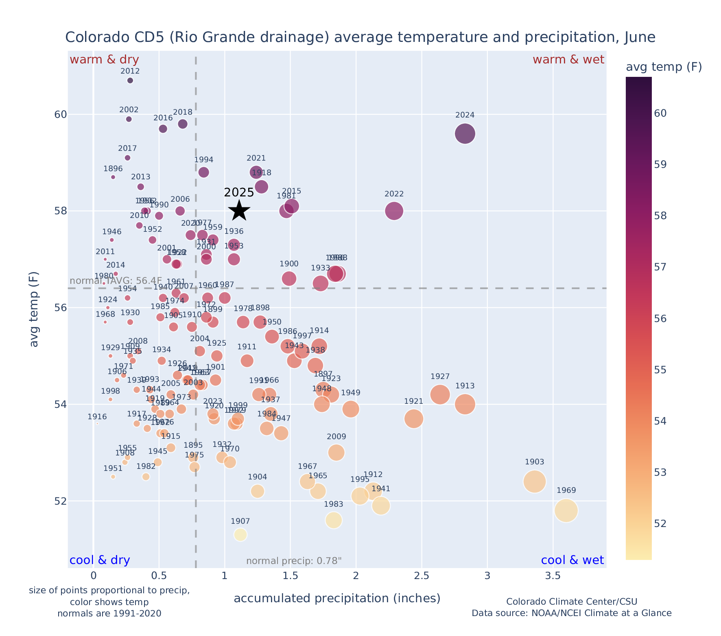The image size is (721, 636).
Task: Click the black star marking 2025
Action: click(x=239, y=211)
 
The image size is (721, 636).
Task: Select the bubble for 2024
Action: click(x=465, y=134)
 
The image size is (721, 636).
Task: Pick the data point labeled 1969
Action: click(x=566, y=511)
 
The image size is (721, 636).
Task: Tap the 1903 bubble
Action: click(x=535, y=481)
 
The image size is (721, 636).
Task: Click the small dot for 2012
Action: click(x=130, y=81)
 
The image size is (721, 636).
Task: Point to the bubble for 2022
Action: click(x=394, y=211)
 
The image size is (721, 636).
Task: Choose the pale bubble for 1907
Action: click(x=240, y=535)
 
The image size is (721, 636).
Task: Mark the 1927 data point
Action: click(x=440, y=394)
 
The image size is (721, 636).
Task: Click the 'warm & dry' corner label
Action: click(x=105, y=60)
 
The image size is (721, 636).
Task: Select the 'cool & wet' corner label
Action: click(x=572, y=560)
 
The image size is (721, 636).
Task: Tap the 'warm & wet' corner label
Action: click(x=568, y=60)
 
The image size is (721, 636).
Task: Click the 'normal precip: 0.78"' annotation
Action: click(x=294, y=561)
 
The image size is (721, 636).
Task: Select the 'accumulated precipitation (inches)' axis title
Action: click(x=337, y=598)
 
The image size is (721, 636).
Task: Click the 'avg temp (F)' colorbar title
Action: click(x=664, y=67)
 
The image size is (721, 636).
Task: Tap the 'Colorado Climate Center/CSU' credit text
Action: click(x=572, y=601)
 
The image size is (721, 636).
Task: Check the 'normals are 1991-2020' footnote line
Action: click(x=109, y=613)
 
